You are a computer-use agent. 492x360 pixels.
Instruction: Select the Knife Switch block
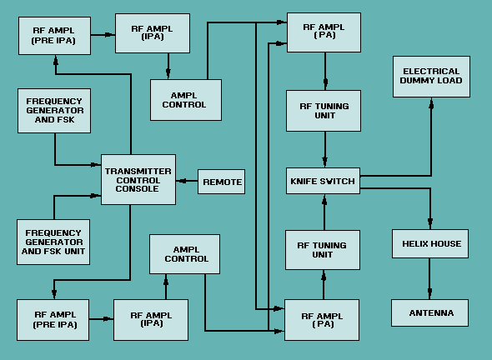pos(323,181)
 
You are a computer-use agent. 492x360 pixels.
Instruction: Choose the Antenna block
pos(431,312)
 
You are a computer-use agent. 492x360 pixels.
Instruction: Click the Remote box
pos(222,182)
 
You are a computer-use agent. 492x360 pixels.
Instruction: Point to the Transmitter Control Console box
pos(138,179)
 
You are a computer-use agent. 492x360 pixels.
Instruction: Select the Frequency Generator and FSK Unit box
pos(53,241)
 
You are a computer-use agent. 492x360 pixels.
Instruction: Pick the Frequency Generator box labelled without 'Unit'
pos(53,111)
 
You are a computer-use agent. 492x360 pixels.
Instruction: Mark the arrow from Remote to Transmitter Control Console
pos(187,182)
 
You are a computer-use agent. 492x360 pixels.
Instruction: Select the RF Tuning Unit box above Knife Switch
pos(324,111)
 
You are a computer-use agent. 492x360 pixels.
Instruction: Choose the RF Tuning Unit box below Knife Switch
pos(322,250)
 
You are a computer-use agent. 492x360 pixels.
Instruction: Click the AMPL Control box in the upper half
pos(185,100)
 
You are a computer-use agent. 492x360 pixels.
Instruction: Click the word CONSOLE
pos(138,189)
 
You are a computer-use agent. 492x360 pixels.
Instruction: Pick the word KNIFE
pos(304,181)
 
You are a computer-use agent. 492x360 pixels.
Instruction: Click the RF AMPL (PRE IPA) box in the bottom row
pos(53,319)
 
